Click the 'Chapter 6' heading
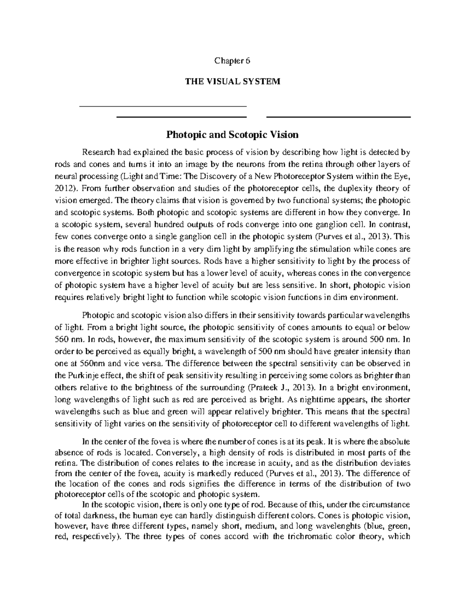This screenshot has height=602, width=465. tap(232, 61)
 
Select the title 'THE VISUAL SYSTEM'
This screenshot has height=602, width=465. tap(232, 82)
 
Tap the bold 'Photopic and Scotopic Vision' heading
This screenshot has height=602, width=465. tap(232, 135)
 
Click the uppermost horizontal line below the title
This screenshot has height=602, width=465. tap(163, 106)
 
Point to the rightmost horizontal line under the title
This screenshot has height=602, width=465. tap(338, 117)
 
